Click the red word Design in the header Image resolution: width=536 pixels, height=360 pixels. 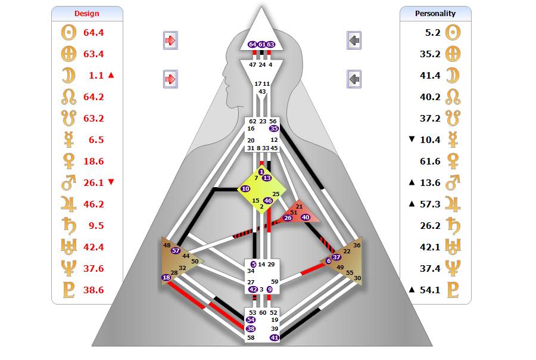(87, 13)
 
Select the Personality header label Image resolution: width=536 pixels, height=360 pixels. (435, 13)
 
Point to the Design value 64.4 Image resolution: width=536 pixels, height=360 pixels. (94, 33)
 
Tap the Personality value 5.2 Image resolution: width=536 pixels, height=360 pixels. (433, 33)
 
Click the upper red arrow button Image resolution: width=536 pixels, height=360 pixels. (170, 41)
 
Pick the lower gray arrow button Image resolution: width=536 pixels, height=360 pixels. (354, 79)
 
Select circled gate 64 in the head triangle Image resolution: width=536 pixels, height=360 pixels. (253, 45)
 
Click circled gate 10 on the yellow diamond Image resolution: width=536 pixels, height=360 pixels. (245, 188)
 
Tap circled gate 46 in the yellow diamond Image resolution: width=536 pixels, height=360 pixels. (268, 200)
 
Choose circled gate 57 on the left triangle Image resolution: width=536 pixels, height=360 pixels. (176, 250)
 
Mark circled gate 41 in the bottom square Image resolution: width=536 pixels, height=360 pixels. (275, 338)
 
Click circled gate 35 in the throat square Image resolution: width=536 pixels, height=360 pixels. (274, 128)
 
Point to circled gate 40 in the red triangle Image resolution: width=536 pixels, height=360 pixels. (306, 218)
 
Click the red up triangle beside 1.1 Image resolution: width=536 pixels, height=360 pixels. (111, 75)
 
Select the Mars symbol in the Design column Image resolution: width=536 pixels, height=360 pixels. (68, 182)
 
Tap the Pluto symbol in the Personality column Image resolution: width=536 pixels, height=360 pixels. (453, 290)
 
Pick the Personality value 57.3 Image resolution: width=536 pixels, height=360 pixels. (430, 204)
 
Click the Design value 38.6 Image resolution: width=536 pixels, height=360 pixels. (94, 290)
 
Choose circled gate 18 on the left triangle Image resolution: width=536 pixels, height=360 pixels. (166, 277)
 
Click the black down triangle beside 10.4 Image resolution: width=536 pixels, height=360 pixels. (412, 139)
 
